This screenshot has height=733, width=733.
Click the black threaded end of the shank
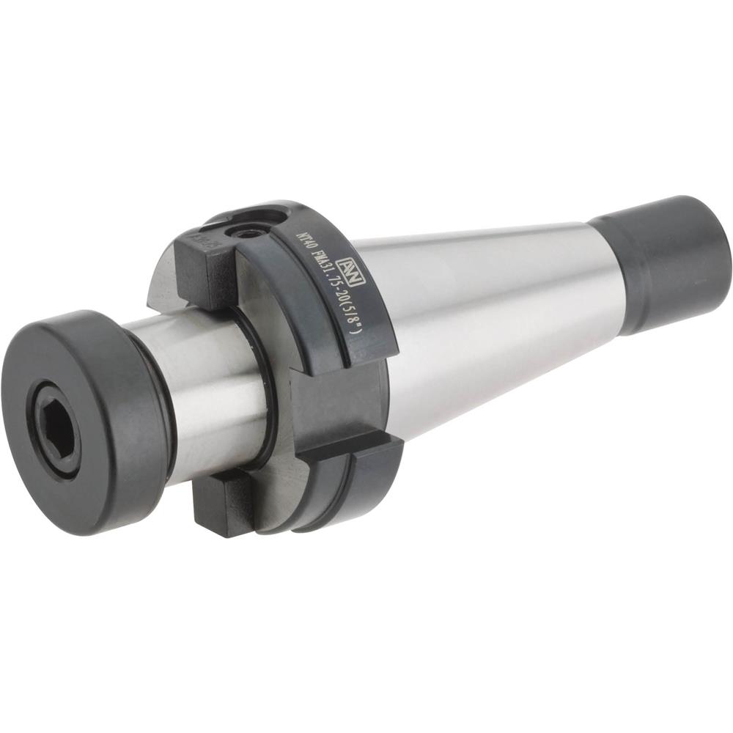(x=663, y=264)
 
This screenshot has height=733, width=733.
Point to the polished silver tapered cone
(x=498, y=315)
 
